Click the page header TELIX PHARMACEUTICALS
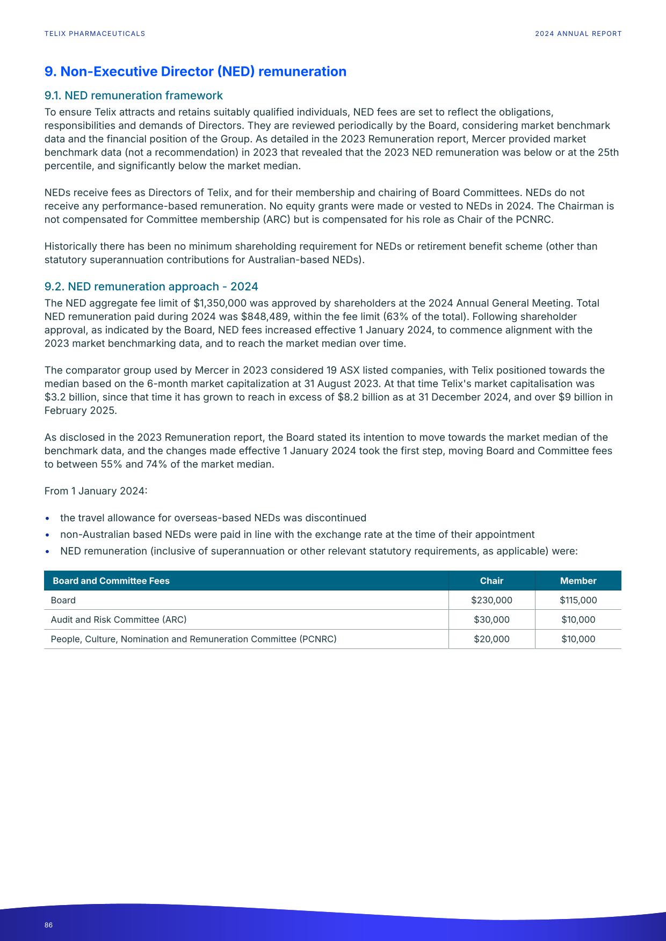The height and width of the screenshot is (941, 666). [x=95, y=34]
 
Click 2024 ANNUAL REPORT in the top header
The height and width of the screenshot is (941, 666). [x=578, y=34]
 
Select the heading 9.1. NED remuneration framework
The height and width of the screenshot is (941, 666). [x=133, y=96]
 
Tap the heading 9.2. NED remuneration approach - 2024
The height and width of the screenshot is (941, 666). [x=151, y=287]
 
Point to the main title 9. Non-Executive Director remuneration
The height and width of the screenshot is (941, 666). [x=195, y=71]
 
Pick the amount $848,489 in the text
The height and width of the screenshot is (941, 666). [x=263, y=317]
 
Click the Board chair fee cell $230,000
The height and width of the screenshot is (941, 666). [x=491, y=600]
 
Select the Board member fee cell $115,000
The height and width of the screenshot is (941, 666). [x=578, y=600]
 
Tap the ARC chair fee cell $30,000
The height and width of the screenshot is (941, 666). [x=491, y=619]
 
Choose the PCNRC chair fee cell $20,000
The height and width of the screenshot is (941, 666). [x=491, y=639]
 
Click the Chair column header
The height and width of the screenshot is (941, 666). [x=491, y=581]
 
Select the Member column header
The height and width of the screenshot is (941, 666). [x=578, y=581]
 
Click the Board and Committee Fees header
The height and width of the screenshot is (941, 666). [x=111, y=581]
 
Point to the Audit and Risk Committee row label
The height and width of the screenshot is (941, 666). [x=118, y=619]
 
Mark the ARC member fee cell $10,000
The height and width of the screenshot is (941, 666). [x=578, y=619]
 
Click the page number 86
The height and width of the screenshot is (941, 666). [x=48, y=925]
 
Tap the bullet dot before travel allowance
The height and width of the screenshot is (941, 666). [x=48, y=519]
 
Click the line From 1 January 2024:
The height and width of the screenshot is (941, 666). [x=96, y=491]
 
